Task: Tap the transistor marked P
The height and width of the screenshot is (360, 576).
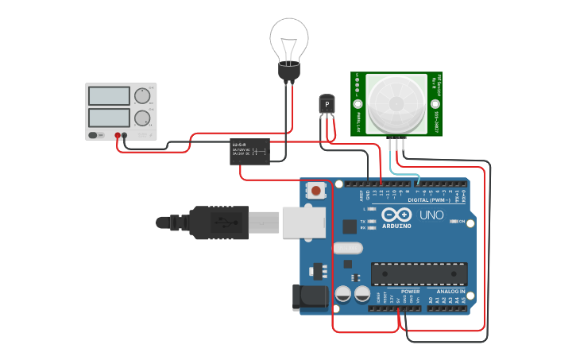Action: click(327, 104)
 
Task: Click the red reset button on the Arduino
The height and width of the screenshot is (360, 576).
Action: click(316, 191)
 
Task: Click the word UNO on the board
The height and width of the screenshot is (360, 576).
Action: click(431, 215)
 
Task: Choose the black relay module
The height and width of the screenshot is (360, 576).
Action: click(253, 151)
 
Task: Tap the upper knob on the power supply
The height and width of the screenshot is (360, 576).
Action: click(143, 95)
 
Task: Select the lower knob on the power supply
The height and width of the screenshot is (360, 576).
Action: click(143, 118)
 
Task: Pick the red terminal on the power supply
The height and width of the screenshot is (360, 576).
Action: click(125, 135)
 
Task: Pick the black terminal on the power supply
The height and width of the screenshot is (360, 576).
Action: click(117, 135)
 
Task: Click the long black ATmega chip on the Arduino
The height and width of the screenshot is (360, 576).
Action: click(419, 273)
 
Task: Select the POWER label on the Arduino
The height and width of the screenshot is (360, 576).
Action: click(411, 292)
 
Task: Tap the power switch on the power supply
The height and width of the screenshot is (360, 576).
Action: click(95, 135)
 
